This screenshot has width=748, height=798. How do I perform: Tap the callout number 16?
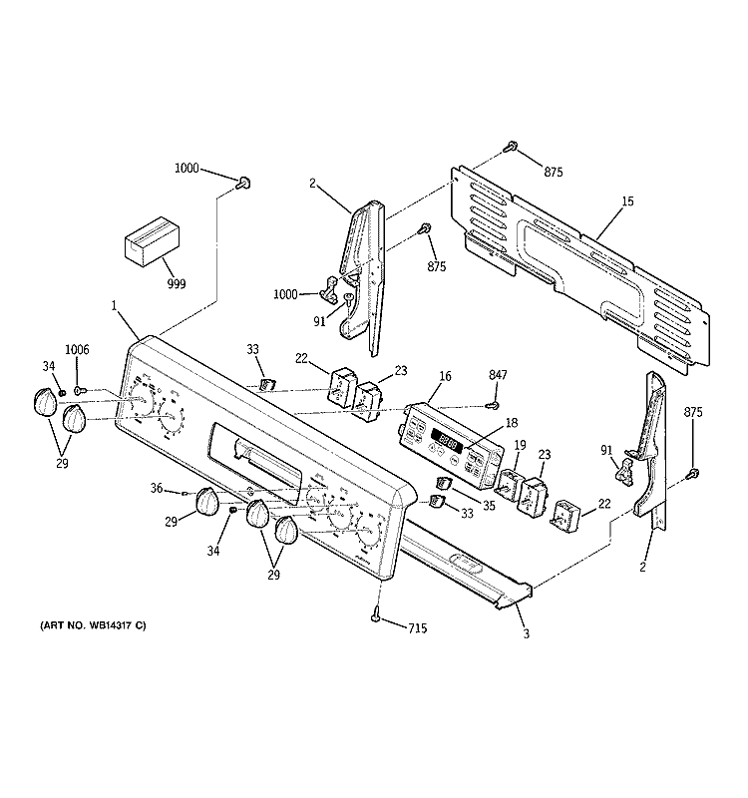(x=444, y=376)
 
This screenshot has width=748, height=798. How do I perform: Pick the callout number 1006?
(x=78, y=349)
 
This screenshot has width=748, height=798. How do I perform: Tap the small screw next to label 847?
(x=492, y=404)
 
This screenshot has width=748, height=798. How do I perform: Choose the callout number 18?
(x=511, y=423)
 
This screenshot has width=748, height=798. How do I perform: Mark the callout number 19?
(x=520, y=445)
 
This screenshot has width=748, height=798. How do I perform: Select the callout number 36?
(x=157, y=488)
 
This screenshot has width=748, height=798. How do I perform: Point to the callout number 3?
(x=524, y=632)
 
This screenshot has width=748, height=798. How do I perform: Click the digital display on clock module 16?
(x=444, y=435)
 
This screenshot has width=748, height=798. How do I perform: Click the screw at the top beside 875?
(x=511, y=147)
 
